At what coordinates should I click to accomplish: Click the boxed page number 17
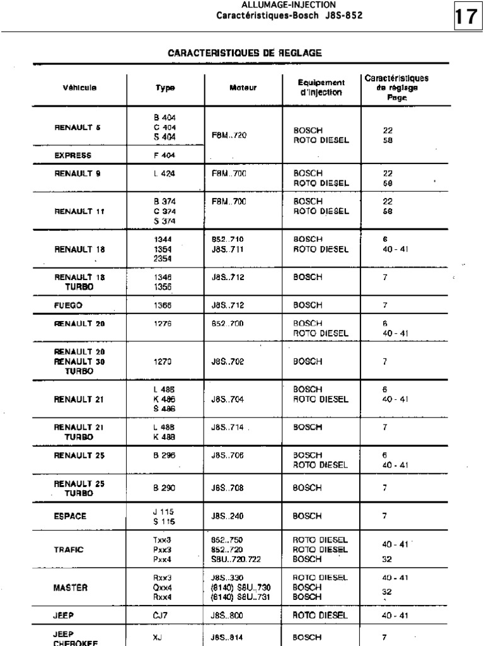(466, 17)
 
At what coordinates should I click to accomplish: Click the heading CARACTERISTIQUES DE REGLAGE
(245, 54)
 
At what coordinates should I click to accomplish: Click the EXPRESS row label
(72, 155)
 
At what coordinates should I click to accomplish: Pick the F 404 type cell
(164, 155)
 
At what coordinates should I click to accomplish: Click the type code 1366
(163, 305)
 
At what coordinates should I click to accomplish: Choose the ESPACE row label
(71, 516)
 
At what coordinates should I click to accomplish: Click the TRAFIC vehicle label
(69, 549)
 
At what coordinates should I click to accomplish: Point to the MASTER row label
(71, 587)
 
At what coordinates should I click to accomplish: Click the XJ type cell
(157, 638)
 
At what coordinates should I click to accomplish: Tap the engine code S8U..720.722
(236, 559)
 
